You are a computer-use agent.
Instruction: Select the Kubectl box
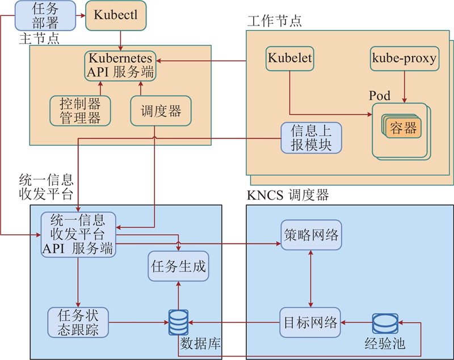pos(116,15)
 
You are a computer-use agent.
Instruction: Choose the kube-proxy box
pos(403,58)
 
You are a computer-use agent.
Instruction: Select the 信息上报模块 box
pos(311,137)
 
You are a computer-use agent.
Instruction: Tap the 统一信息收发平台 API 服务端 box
pos(78,234)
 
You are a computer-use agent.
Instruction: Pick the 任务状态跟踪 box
pos(78,322)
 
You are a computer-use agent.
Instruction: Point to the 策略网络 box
pos(310,234)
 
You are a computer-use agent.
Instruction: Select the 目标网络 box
pos(310,323)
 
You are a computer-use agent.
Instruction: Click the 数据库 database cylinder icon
pos(178,323)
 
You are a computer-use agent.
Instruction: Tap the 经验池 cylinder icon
pos(384,323)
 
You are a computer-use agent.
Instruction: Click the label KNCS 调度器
pos(288,196)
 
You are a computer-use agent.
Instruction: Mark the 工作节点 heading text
pos(274,21)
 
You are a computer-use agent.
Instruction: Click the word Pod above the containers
pos(380,96)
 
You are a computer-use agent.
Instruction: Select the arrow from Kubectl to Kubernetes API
pos(120,40)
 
